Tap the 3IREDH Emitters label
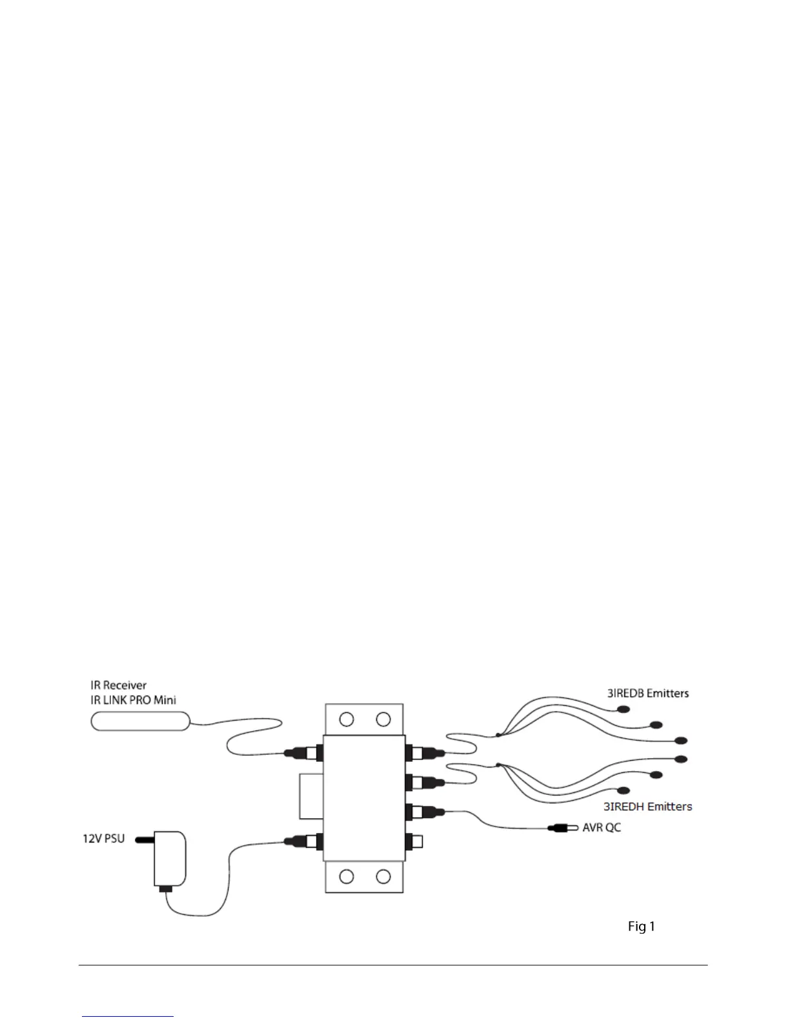647,806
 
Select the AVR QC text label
602,827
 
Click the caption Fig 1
642,927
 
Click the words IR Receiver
118,685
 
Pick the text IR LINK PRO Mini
133,699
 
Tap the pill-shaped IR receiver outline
140,720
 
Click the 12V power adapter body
170,859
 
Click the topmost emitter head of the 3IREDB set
623,710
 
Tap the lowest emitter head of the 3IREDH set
623,790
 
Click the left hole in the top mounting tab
347,718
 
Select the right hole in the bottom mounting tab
383,876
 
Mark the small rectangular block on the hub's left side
311,796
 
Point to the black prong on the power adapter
144,840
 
